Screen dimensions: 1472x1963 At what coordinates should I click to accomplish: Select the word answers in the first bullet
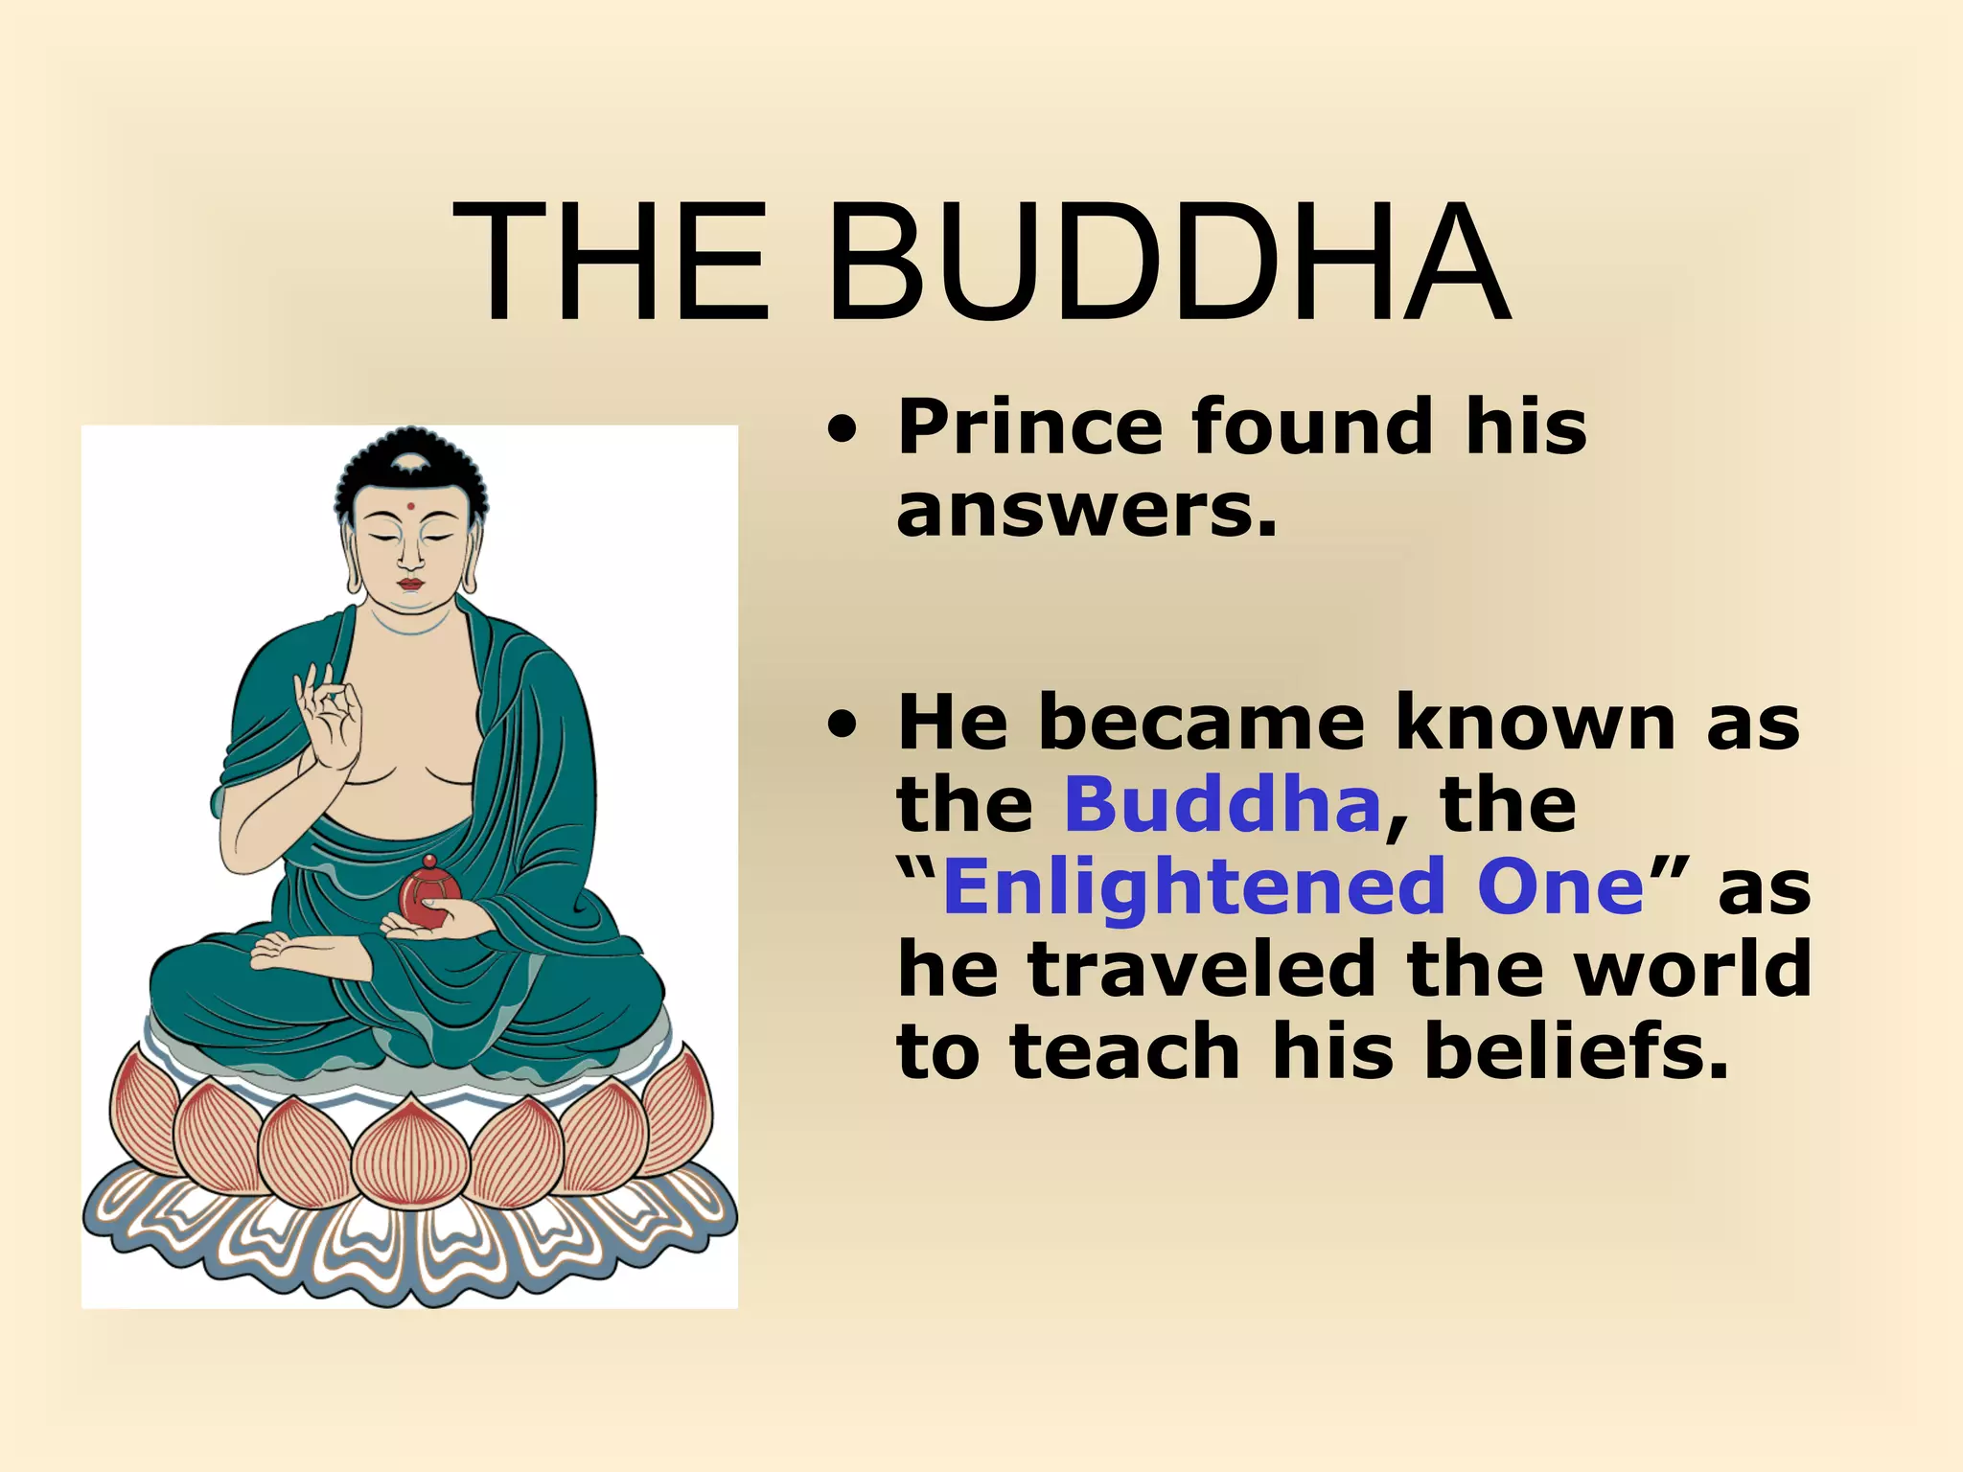(x=1088, y=511)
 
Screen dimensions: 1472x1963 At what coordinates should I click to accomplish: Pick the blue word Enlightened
(x=1194, y=886)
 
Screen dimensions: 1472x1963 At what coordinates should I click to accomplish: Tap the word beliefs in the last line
(x=1577, y=1051)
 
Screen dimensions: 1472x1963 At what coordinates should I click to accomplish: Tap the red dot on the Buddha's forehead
(x=410, y=506)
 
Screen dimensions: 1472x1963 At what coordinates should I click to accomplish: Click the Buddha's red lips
(x=410, y=584)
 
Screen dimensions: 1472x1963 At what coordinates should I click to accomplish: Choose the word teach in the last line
(x=1126, y=1051)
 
